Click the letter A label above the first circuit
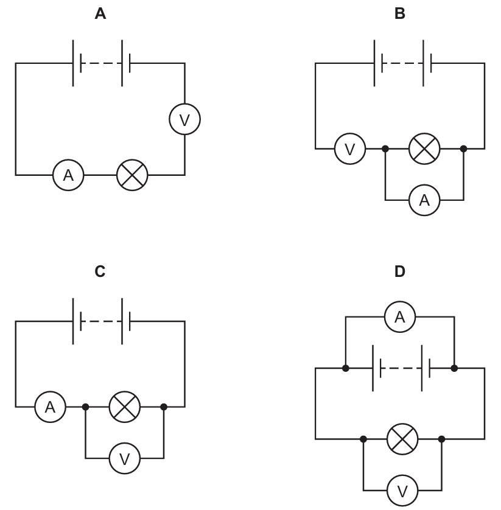pyautogui.click(x=100, y=13)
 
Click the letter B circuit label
pyautogui.click(x=400, y=13)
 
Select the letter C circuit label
pyautogui.click(x=100, y=271)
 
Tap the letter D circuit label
pyautogui.click(x=400, y=271)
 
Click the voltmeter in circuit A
pyautogui.click(x=185, y=119)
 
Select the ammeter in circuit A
pyautogui.click(x=68, y=175)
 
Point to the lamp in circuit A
pyautogui.click(x=132, y=175)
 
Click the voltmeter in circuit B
pyautogui.click(x=350, y=148)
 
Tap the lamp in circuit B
pyautogui.click(x=424, y=148)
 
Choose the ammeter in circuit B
pyautogui.click(x=424, y=200)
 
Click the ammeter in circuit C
pyautogui.click(x=50, y=407)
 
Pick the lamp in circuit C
pyautogui.click(x=125, y=407)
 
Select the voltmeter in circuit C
pyautogui.click(x=125, y=458)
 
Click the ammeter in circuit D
pyautogui.click(x=400, y=316)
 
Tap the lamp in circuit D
pyautogui.click(x=402, y=439)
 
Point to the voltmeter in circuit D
pyautogui.click(x=402, y=490)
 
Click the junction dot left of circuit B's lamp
pyautogui.click(x=385, y=148)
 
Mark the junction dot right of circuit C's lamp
pyautogui.click(x=164, y=407)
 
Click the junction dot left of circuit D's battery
pyautogui.click(x=346, y=368)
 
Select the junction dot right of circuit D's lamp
pyautogui.click(x=441, y=439)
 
